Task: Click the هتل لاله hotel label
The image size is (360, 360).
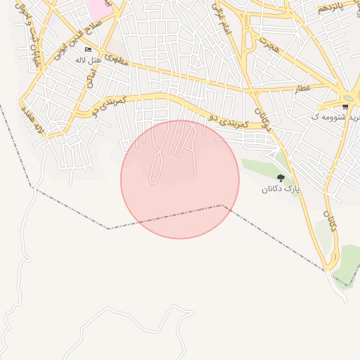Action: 89,60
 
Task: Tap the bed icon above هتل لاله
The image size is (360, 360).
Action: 88,49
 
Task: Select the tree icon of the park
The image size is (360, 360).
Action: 281,179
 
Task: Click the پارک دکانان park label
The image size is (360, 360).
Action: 281,189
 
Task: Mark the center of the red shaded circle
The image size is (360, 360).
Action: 180,179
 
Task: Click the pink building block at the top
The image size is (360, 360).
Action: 99,8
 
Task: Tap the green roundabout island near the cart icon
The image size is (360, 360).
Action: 347,98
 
